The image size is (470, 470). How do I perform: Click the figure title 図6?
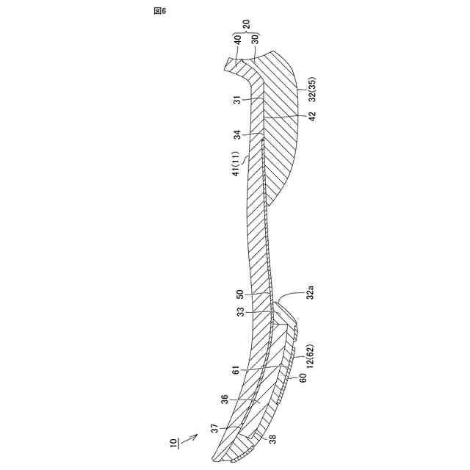coord(159,11)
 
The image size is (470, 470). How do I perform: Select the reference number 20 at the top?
coord(246,24)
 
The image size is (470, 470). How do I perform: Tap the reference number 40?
coord(237,40)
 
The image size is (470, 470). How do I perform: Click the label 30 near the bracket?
coord(255,39)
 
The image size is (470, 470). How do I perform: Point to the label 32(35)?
coord(312,90)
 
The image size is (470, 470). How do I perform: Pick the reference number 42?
coord(312,116)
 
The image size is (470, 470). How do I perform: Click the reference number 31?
coord(237,100)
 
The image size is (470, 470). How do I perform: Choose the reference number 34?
coord(237,134)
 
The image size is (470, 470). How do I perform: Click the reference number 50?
coord(240,294)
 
